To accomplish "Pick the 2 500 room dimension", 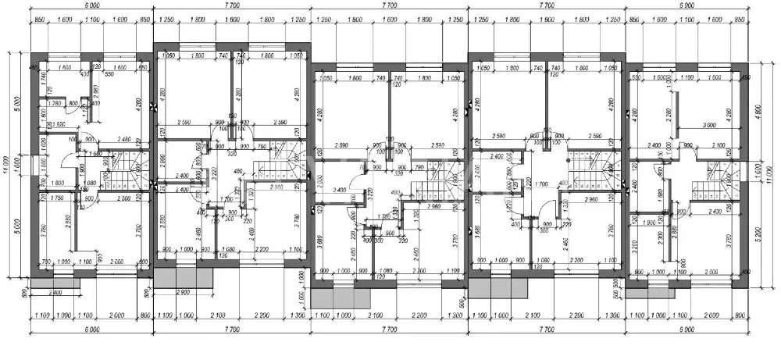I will tap(119, 199).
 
